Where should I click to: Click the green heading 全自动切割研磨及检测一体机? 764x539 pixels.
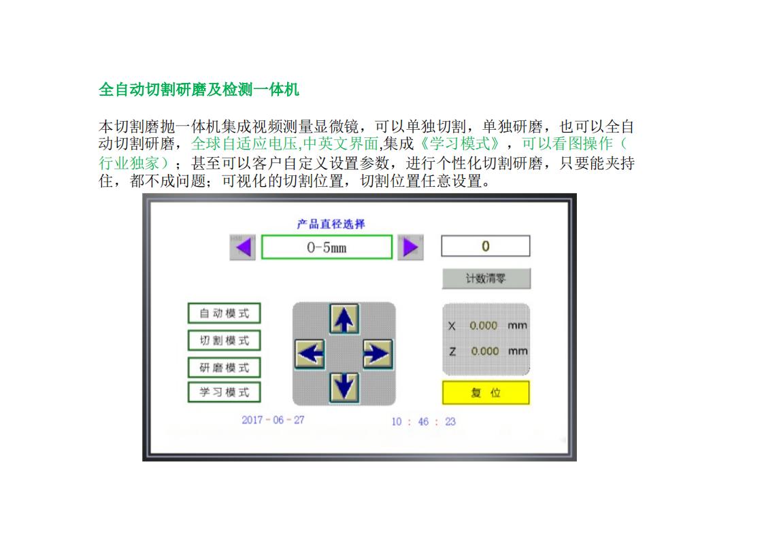coord(199,90)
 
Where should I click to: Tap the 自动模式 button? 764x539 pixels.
coord(224,313)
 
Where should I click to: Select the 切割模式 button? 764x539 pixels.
coord(224,341)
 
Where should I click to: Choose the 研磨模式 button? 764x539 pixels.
coord(224,368)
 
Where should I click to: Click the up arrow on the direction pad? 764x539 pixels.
coord(344,318)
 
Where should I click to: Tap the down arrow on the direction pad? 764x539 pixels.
coord(344,387)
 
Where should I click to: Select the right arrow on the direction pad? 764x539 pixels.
coord(377,353)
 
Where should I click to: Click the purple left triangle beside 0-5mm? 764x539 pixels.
coord(243,247)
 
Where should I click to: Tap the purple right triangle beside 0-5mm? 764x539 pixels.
coord(410,247)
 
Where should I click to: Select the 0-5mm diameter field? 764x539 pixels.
coord(327,247)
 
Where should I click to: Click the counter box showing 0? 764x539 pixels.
coord(485,246)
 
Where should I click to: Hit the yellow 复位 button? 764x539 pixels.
coord(485,393)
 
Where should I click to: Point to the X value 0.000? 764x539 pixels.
coord(484,326)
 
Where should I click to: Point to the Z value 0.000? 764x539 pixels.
coord(484,351)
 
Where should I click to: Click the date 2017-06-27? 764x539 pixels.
coord(273,420)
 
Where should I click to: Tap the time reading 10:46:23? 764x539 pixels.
coord(423,422)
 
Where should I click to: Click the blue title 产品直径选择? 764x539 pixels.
coord(331,224)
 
